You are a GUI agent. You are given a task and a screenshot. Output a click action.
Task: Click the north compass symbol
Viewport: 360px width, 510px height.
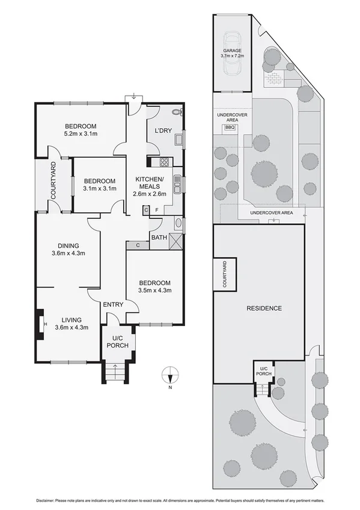171,376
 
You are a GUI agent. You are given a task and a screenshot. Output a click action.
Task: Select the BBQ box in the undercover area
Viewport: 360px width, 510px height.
229,127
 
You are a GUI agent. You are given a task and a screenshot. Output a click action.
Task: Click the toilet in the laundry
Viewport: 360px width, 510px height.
176,112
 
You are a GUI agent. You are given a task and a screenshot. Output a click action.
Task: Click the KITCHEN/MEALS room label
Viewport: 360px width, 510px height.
147,183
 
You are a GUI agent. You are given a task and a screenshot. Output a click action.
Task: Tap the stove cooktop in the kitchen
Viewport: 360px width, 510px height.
163,162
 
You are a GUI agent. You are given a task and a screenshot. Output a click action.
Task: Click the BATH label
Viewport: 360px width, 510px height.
159,238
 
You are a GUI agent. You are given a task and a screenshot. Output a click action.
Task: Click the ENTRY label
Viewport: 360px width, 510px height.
113,305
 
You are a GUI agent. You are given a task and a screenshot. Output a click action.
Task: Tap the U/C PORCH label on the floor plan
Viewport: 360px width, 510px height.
118,342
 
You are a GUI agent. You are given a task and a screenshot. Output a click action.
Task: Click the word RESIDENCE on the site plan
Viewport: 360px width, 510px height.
264,309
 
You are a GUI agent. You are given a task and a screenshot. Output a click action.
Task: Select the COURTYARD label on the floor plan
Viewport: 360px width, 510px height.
53,181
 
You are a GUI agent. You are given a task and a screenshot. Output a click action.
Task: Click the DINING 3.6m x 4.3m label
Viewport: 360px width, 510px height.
67,249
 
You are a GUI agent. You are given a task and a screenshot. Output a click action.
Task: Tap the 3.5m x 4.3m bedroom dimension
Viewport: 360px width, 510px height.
155,291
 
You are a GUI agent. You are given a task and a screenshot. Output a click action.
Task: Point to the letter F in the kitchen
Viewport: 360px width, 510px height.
156,210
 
